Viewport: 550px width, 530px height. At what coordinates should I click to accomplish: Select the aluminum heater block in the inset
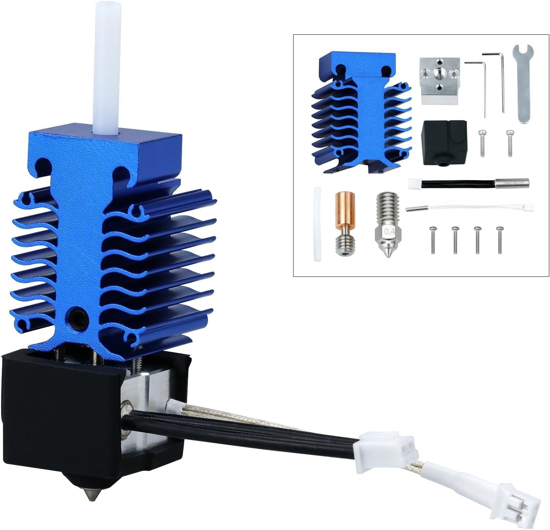(440, 81)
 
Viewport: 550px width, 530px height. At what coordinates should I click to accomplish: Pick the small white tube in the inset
(317, 224)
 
